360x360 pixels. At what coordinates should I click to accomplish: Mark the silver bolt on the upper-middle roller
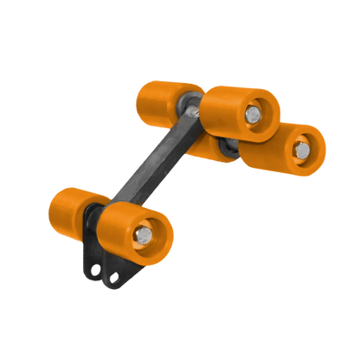(x=253, y=113)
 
